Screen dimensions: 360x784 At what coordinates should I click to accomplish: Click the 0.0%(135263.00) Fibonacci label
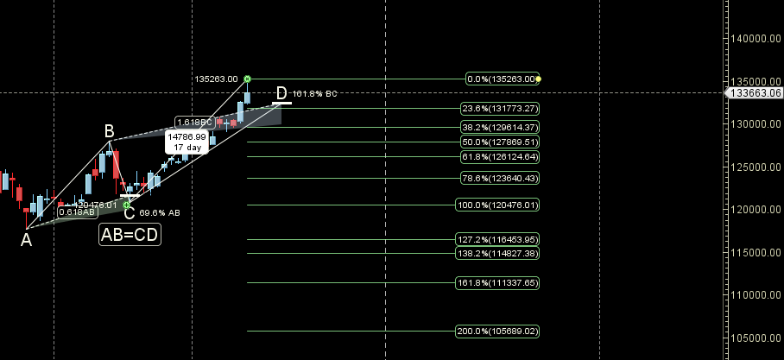502,79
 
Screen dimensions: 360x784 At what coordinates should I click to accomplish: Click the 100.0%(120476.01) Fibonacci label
498,205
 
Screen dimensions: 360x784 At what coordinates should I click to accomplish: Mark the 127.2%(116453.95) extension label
498,239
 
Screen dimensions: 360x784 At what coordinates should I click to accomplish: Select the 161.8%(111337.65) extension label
498,282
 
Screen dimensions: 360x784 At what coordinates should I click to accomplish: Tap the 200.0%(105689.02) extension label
498,331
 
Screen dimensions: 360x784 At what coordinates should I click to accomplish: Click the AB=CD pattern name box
130,233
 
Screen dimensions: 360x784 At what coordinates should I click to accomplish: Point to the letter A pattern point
27,240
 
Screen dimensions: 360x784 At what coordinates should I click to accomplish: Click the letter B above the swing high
110,131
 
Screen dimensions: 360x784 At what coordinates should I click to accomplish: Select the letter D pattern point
281,92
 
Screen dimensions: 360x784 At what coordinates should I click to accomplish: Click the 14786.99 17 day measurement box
187,142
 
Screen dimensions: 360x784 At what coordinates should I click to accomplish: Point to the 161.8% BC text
313,93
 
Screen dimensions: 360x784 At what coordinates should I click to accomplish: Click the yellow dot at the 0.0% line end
539,79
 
